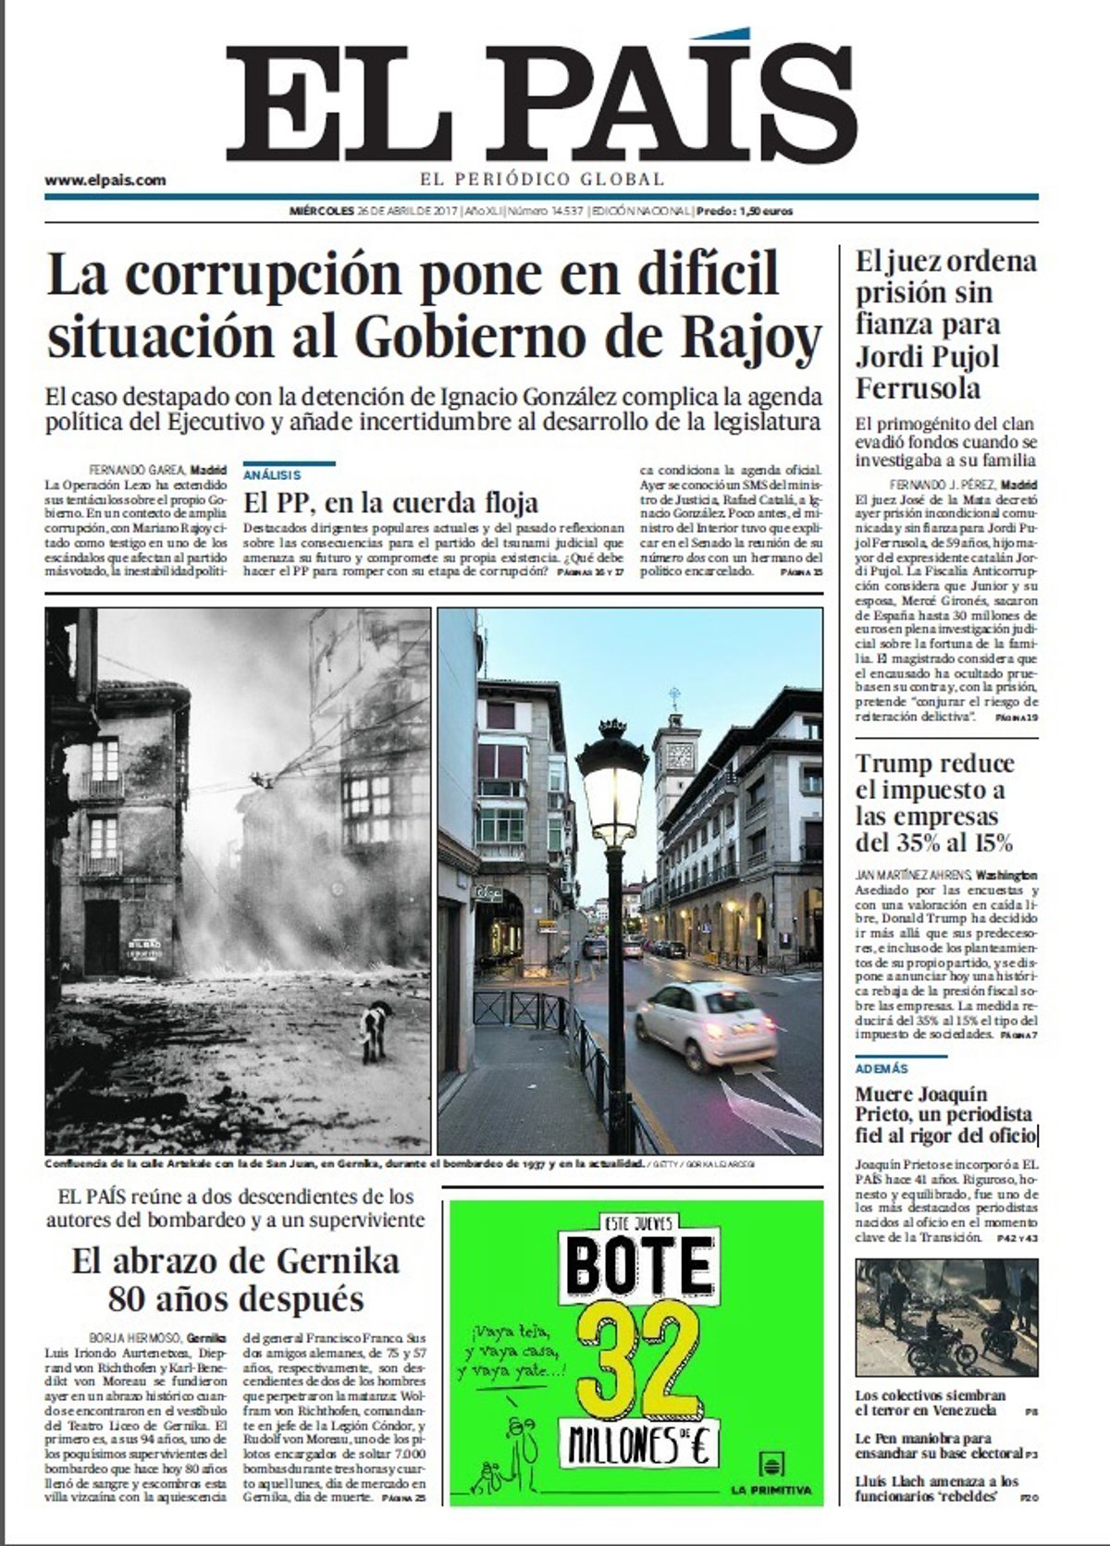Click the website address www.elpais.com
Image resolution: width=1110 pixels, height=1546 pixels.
[x=105, y=180]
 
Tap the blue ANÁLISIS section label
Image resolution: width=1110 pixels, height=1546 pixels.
[x=272, y=474]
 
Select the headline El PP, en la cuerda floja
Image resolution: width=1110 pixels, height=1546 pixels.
[x=390, y=503]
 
